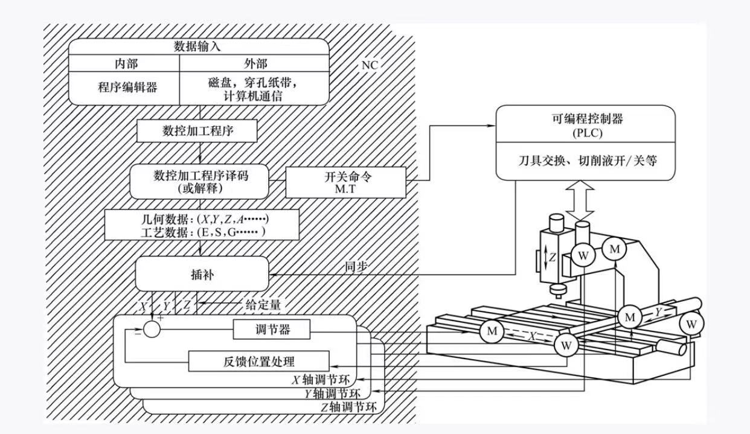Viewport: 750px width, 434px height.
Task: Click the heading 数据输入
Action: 199,46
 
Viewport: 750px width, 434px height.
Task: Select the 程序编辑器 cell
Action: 127,86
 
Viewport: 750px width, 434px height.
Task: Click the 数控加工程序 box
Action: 199,131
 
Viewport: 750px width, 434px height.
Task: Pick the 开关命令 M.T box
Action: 346,182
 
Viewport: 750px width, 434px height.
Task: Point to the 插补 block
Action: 202,273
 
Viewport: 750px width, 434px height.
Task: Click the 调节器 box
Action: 271,330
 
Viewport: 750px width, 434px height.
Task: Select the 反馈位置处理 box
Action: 259,362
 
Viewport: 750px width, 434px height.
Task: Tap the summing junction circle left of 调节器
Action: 152,330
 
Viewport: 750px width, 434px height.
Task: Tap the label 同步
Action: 355,266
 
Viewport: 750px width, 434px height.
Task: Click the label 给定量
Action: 263,305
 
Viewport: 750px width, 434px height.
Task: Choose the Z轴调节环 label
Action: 349,407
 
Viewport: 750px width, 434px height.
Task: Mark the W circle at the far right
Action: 691,325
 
